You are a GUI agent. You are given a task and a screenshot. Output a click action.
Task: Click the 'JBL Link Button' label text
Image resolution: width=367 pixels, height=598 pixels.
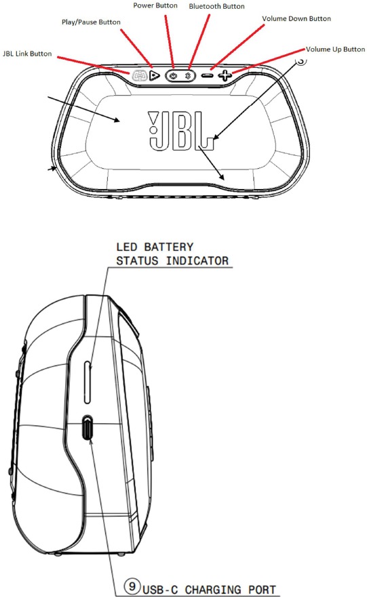click(x=27, y=54)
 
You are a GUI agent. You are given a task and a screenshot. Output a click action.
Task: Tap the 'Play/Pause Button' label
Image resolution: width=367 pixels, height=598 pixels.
click(x=91, y=22)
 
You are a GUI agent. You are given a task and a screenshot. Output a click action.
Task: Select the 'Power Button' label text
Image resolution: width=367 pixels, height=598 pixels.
click(x=155, y=5)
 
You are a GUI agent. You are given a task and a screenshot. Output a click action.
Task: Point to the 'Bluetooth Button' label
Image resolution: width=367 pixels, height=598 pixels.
click(x=216, y=6)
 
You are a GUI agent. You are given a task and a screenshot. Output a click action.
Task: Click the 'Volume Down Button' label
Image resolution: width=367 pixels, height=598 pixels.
click(x=296, y=18)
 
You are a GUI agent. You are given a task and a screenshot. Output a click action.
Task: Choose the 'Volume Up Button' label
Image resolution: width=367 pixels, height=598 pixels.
click(x=335, y=49)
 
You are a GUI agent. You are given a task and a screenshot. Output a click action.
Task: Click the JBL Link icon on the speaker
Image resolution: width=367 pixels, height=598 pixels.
click(x=140, y=75)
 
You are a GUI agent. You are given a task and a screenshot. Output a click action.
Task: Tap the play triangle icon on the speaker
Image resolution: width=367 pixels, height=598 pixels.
click(x=154, y=75)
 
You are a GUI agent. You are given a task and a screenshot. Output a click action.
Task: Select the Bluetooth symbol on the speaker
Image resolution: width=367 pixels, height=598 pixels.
click(x=188, y=75)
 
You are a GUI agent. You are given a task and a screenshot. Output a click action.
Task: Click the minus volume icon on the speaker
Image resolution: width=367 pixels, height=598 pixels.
click(x=207, y=75)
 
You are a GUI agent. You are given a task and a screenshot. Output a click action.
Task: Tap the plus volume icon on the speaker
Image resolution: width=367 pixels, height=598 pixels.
click(x=225, y=75)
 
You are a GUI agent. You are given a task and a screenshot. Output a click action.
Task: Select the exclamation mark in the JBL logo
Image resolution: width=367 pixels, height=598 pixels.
click(x=153, y=122)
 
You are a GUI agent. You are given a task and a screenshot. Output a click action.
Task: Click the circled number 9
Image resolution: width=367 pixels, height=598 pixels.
click(x=132, y=585)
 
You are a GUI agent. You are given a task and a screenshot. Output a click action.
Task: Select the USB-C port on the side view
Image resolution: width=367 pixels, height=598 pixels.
click(x=88, y=428)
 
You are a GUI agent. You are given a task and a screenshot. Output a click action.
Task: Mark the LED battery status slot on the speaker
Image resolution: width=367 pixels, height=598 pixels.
click(x=88, y=382)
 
